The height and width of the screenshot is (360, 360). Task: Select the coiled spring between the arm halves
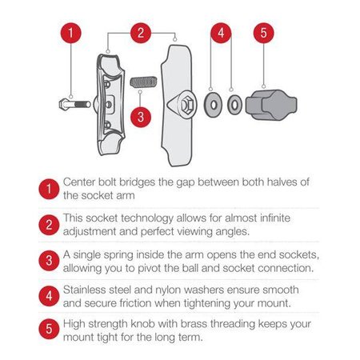[142, 83]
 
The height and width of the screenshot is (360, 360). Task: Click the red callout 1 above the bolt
[70, 34]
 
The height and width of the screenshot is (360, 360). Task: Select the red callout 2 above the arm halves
[141, 34]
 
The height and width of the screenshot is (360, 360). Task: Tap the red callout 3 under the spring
[141, 115]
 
